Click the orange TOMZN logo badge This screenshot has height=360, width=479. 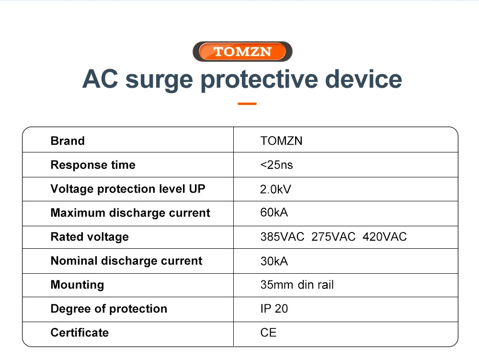(242, 51)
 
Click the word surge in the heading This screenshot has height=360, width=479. (159, 80)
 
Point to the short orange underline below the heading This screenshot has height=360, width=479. (247, 104)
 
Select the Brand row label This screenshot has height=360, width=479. (68, 141)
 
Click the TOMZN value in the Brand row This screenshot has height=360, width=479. (281, 141)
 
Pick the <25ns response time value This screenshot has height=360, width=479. (276, 165)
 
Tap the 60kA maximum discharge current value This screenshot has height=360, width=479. (274, 212)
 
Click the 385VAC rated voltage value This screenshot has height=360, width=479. (282, 237)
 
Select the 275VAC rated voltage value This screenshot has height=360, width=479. (333, 237)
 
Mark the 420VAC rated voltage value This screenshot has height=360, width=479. (385, 237)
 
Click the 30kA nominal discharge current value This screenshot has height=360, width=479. (274, 261)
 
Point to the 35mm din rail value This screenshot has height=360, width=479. (297, 285)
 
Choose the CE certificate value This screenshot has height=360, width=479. (269, 333)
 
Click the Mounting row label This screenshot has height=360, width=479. (77, 285)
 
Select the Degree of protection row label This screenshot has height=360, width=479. (109, 309)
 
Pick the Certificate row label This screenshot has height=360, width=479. (80, 333)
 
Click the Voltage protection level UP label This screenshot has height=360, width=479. (128, 189)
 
